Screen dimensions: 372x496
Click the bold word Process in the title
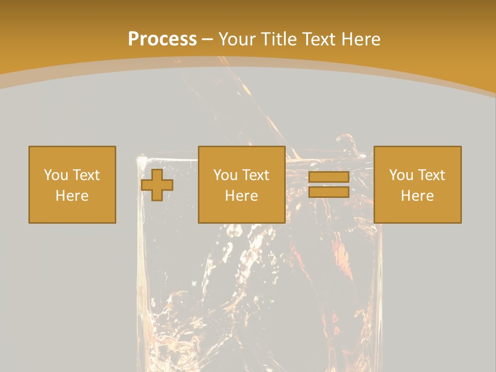162,39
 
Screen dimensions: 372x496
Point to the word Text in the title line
318,39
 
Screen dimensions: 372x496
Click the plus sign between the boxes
157,185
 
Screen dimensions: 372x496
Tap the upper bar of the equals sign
329,177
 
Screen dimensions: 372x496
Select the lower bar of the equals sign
329,192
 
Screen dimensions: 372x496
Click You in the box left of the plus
55,175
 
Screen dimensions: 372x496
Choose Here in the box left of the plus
72,196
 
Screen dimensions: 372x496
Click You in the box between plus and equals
225,175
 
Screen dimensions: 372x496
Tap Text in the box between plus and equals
255,175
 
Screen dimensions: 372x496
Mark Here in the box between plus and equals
241,196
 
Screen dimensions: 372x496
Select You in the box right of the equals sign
400,175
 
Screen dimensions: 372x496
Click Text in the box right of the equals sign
431,175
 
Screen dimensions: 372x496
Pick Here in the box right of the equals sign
417,196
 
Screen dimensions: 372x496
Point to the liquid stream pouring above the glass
258,103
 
